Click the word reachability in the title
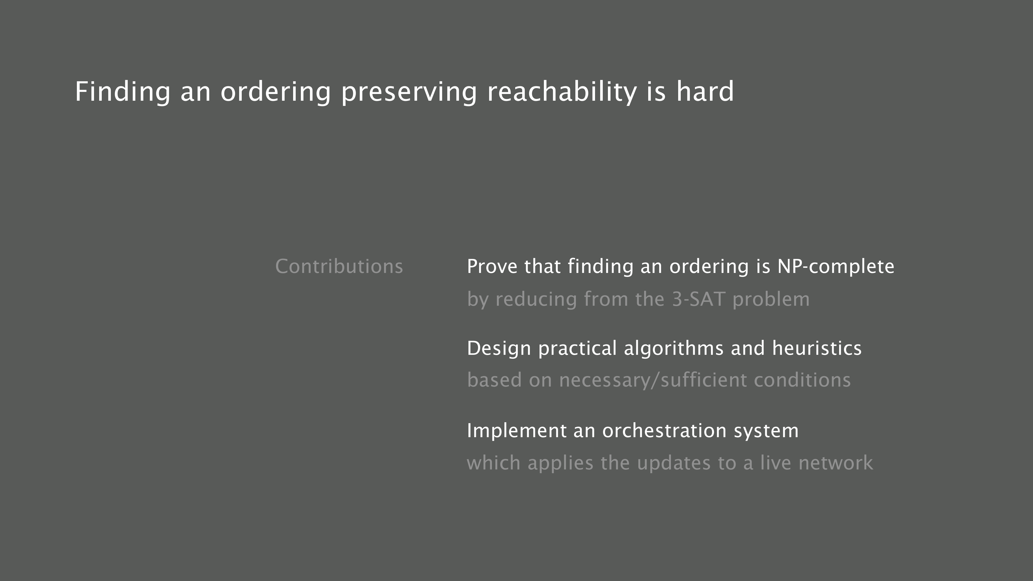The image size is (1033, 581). click(562, 92)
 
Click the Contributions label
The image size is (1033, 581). click(339, 267)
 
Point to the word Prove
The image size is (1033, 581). click(492, 267)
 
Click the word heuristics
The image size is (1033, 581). click(817, 348)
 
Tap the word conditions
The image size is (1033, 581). click(802, 380)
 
